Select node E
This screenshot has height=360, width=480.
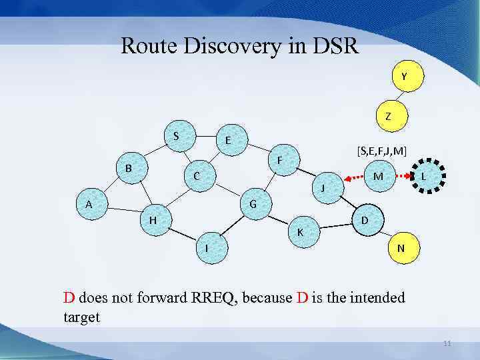(228, 141)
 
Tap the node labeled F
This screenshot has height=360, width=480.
(280, 160)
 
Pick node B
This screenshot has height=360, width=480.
(128, 168)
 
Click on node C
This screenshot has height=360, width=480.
(197, 177)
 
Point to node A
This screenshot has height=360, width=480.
(89, 205)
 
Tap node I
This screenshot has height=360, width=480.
(207, 247)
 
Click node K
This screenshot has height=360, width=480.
(301, 232)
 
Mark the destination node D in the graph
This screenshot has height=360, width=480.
(365, 220)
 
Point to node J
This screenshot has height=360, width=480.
(323, 188)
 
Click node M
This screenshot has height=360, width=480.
(378, 177)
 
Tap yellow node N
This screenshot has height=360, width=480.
(400, 248)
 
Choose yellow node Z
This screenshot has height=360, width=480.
(388, 116)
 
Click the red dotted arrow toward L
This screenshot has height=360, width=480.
(401, 177)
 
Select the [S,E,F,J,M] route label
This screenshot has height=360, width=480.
(381, 151)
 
